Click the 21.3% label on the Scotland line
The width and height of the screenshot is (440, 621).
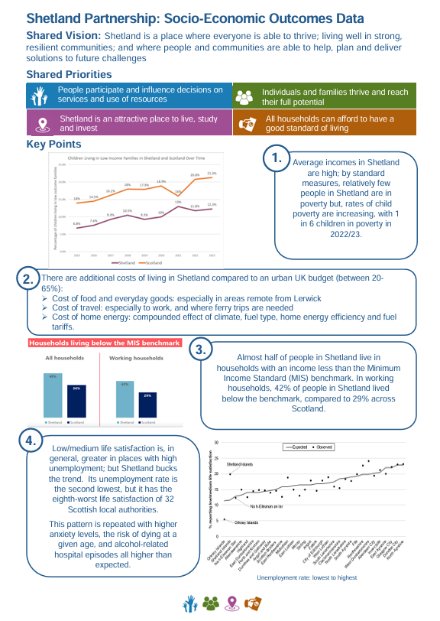click(212, 174)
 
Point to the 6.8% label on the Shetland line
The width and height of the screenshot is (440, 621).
click(77, 223)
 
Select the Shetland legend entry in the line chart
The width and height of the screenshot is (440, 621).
click(122, 262)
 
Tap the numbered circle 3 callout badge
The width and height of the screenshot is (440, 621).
click(199, 350)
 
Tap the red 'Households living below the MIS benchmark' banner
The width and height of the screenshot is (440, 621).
click(104, 343)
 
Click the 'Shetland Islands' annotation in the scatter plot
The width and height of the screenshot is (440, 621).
click(239, 464)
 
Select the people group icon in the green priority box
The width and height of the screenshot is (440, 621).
click(244, 97)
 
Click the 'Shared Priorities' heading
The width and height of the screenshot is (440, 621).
click(69, 74)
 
